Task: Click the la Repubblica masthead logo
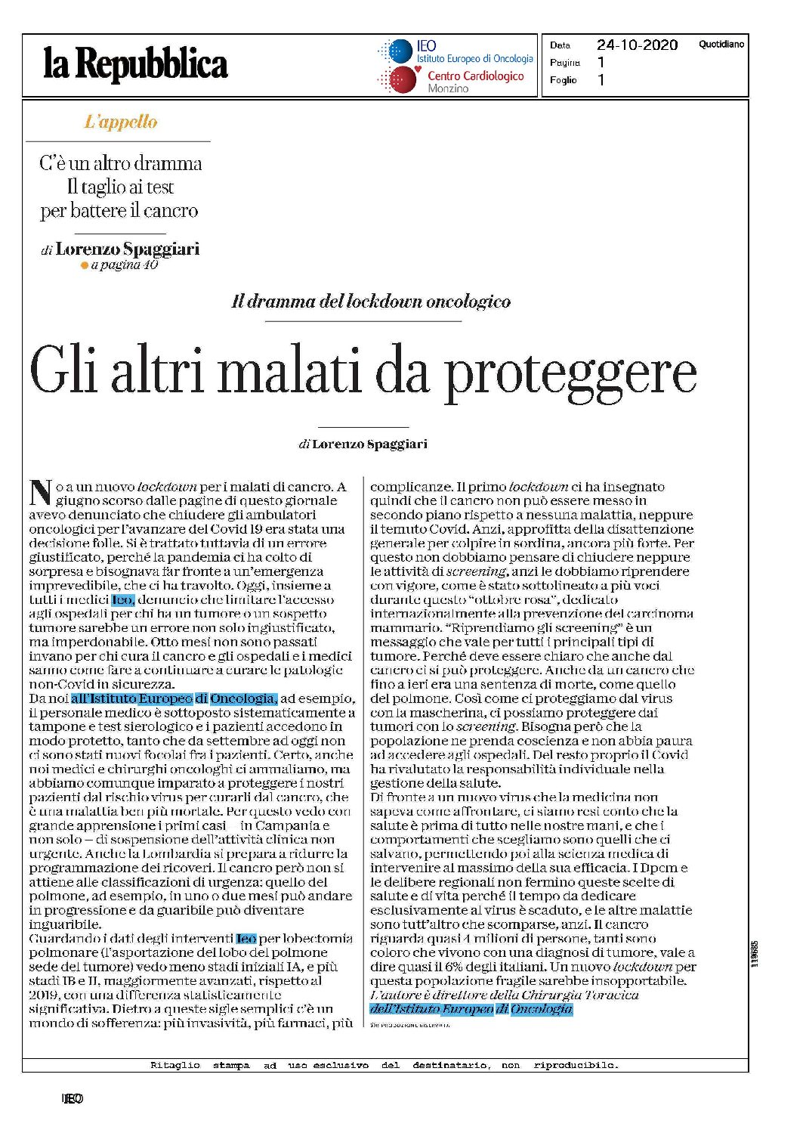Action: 136,64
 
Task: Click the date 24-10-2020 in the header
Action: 637,45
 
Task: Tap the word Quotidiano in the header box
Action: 721,45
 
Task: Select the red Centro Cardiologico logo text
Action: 475,76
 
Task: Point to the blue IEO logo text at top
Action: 426,46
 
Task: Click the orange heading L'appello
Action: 121,122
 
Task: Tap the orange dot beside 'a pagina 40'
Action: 85,265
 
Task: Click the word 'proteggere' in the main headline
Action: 570,372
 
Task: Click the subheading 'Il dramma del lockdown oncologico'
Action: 370,302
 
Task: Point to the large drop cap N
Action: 40,492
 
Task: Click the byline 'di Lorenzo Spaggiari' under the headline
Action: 363,444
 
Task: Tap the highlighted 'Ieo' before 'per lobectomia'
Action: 246,939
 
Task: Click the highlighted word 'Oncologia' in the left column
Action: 243,698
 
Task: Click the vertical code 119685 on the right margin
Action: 755,954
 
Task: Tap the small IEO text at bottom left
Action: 73,1098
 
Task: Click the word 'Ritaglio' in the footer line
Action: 175,1065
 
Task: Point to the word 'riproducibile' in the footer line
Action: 576,1065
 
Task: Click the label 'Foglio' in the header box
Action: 564,80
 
